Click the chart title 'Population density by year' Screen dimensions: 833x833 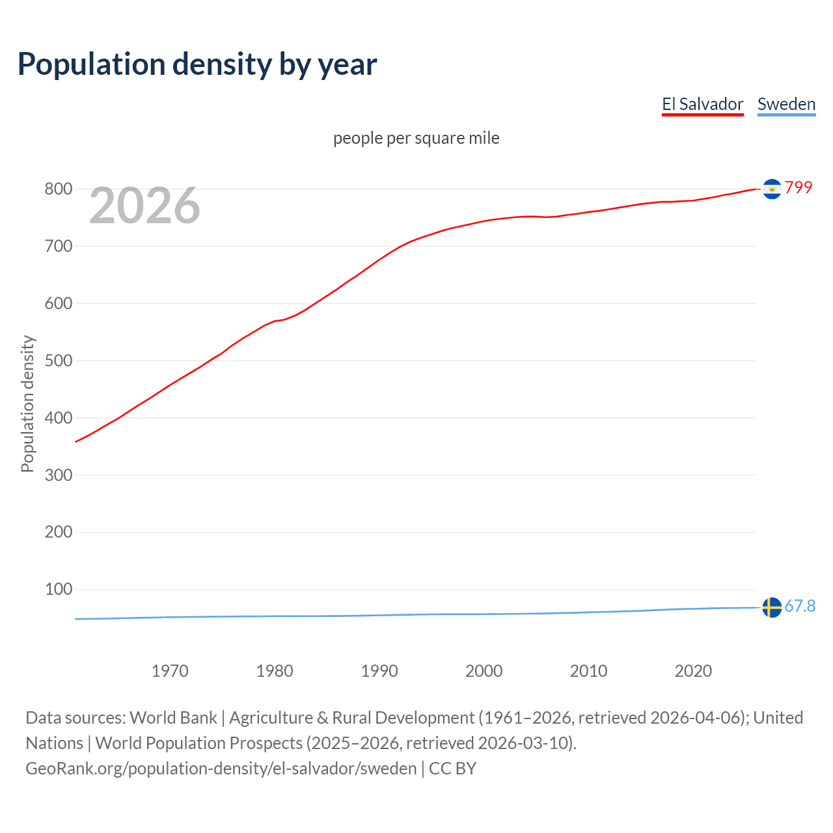[x=197, y=64]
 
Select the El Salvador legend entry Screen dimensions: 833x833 [x=702, y=104]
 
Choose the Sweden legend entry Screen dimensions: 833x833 [x=786, y=104]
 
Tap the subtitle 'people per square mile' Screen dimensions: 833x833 [x=416, y=138]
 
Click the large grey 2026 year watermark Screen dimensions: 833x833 [x=144, y=206]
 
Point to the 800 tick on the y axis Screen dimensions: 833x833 [x=58, y=189]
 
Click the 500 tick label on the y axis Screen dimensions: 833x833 [x=58, y=361]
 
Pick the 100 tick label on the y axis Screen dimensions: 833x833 [x=58, y=590]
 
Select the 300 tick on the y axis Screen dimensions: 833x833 [x=58, y=475]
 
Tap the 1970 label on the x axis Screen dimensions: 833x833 [x=170, y=671]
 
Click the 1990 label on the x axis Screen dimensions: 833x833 [x=379, y=671]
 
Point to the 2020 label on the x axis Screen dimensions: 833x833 [x=693, y=671]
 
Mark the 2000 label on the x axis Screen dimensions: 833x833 [x=484, y=671]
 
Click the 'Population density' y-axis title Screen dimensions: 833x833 [x=27, y=403]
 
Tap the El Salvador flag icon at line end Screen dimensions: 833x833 [x=772, y=189]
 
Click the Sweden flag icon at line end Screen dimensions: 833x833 [x=772, y=607]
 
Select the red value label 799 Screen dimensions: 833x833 [x=799, y=187]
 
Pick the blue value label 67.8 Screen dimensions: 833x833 [x=800, y=606]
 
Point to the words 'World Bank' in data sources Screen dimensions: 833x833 [x=173, y=718]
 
